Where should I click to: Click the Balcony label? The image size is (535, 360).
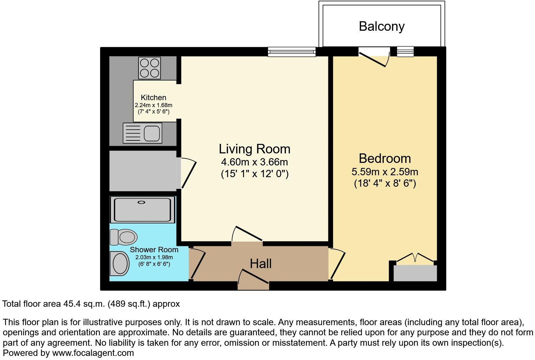click(x=381, y=26)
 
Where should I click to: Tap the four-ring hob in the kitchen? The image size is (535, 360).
click(x=150, y=68)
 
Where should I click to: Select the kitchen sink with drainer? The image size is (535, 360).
click(x=143, y=133)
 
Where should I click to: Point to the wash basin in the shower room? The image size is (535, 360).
click(x=120, y=263)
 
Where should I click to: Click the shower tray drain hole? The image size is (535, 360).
click(x=141, y=202)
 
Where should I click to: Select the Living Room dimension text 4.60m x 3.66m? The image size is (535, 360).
click(x=255, y=162)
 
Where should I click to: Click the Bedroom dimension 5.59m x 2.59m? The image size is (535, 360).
click(x=385, y=172)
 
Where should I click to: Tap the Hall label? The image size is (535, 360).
click(x=261, y=264)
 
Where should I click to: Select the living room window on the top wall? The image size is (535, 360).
click(x=292, y=52)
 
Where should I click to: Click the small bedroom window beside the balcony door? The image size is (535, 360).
click(x=405, y=51)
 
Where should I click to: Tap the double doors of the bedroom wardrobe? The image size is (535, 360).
click(x=415, y=258)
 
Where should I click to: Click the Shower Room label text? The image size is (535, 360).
click(x=154, y=250)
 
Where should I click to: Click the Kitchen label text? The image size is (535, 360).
click(x=153, y=98)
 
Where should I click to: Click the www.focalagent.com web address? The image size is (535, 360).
click(x=93, y=353)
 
